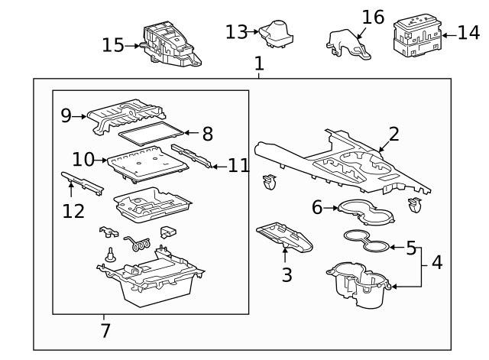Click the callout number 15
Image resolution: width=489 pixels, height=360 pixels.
[x=113, y=45]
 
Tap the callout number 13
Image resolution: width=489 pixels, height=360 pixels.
[x=236, y=32]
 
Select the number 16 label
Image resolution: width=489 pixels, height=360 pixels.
[x=373, y=17]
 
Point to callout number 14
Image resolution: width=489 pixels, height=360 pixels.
[x=468, y=33]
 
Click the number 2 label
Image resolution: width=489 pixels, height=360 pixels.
[x=394, y=135]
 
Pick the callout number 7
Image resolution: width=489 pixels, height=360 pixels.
[x=105, y=331]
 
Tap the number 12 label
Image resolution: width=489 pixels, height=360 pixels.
[x=73, y=212]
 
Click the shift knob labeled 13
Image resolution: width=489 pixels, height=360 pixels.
[x=276, y=34]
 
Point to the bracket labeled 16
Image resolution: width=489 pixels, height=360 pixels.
[x=348, y=44]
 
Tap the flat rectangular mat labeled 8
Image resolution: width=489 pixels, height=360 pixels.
[x=151, y=134]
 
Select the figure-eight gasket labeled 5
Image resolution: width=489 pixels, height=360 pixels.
[x=367, y=241]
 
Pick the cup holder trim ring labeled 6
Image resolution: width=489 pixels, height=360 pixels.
[x=366, y=212]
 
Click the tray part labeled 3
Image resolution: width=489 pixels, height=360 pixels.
[x=284, y=237]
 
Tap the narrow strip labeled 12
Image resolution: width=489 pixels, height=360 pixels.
[x=83, y=183]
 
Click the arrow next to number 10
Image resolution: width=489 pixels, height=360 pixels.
[x=100, y=161]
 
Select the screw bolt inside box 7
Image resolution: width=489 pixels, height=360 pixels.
[x=110, y=255]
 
